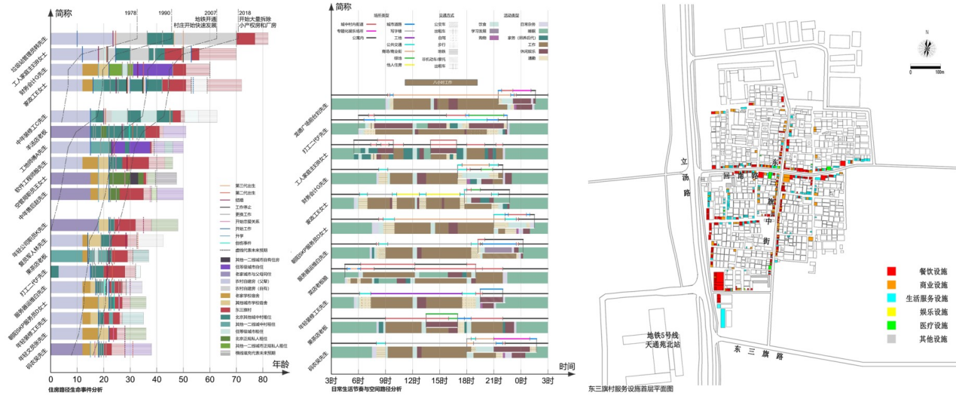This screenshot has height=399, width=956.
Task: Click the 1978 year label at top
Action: pyautogui.click(x=131, y=13)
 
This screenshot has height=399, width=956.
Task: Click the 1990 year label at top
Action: pyautogui.click(x=164, y=13)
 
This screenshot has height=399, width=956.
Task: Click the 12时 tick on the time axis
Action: pyautogui.click(x=411, y=379)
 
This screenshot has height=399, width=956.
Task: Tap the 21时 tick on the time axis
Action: pyautogui.click(x=493, y=379)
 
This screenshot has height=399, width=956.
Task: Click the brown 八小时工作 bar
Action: pyautogui.click(x=441, y=81)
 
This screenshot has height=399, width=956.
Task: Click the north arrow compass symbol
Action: pyautogui.click(x=927, y=48)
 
